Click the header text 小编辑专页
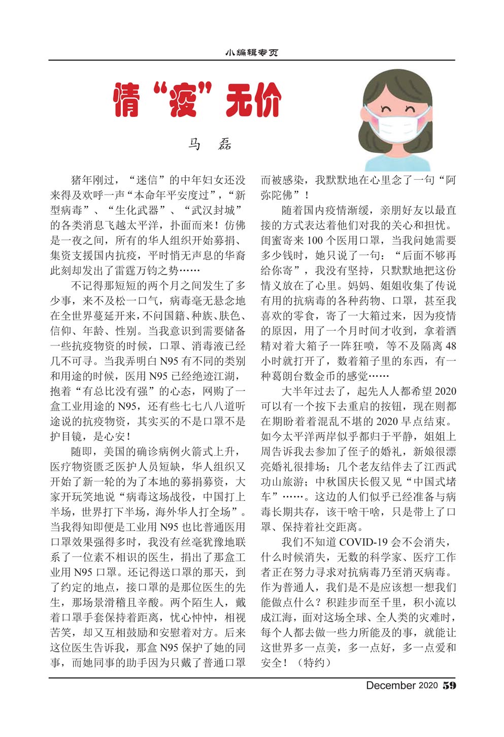(252, 52)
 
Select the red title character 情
(126, 100)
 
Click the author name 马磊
(210, 144)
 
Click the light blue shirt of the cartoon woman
(397, 162)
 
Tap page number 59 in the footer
(449, 685)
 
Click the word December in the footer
(390, 685)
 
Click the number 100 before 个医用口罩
(315, 240)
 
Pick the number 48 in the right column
(450, 346)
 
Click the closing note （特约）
(314, 663)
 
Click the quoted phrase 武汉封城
(213, 210)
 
